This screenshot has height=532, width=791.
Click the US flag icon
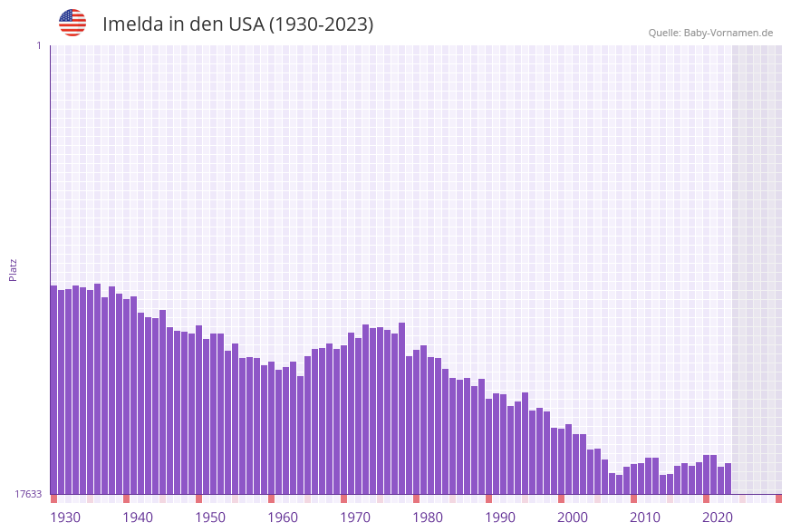72,23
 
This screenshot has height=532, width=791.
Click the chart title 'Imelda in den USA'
237,24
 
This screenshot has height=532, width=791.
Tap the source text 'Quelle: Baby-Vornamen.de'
710,33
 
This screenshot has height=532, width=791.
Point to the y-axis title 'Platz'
14,269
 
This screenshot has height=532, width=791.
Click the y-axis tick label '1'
38,45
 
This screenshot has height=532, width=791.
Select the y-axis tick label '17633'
28,494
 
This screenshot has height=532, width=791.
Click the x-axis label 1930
65,517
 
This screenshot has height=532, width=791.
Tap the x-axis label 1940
138,517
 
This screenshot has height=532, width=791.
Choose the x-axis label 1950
210,517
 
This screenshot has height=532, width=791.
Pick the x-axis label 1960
283,517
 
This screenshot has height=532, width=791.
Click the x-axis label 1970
355,517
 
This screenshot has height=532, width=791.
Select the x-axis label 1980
428,517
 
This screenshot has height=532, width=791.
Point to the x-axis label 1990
500,517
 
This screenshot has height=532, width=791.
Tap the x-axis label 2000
573,517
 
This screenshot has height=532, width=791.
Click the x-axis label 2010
645,517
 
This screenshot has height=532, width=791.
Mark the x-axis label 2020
718,517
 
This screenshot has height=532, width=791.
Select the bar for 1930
54,390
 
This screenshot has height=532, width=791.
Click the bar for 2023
728,479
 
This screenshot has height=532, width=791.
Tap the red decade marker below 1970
344,498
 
